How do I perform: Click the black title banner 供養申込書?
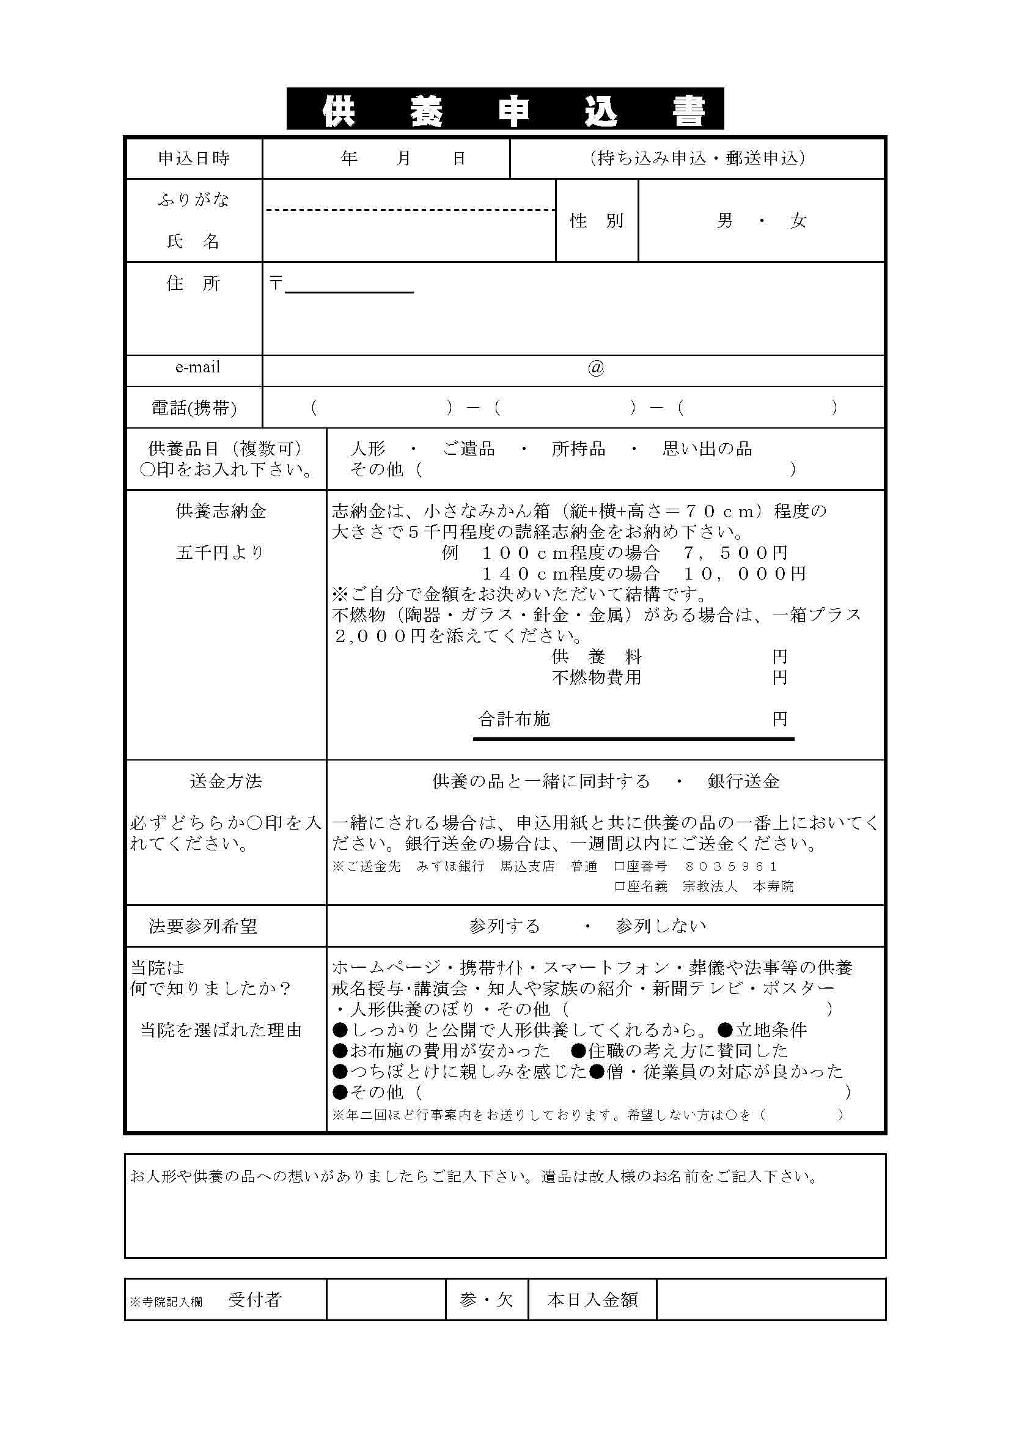[505, 109]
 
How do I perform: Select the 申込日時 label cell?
[194, 158]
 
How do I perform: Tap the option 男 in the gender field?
[725, 221]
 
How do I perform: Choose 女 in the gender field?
[798, 221]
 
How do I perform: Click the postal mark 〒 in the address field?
[276, 284]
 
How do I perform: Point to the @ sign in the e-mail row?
[596, 368]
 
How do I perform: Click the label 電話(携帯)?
[194, 408]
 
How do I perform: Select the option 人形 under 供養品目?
[368, 448]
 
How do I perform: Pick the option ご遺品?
[469, 448]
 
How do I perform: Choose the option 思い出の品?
[707, 448]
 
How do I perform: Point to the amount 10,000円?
[744, 573]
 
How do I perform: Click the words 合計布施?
[514, 720]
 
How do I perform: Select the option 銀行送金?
[743, 781]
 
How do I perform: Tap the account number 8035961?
[731, 866]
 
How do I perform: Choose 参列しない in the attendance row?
[661, 926]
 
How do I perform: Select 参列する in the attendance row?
[504, 926]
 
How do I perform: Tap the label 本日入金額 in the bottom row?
[592, 1300]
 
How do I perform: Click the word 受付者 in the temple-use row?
[255, 1299]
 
